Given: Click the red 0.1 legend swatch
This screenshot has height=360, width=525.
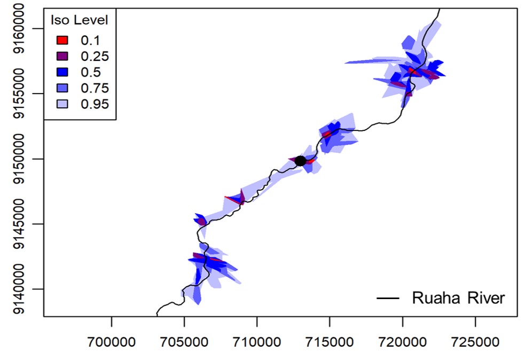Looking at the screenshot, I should (62, 40).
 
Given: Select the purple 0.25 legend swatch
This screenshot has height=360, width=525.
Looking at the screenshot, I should (62, 56).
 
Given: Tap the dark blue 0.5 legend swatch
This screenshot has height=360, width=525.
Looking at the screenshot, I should (62, 72).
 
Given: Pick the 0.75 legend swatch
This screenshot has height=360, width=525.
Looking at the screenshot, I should (62, 88).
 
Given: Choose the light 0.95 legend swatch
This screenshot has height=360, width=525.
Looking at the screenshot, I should (62, 104).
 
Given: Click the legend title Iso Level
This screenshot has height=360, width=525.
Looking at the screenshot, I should (79, 21).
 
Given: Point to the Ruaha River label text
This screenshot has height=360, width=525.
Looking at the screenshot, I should (458, 298).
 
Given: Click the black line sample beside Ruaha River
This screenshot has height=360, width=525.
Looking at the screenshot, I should (389, 299).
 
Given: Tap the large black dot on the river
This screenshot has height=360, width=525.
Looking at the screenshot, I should (300, 161).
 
